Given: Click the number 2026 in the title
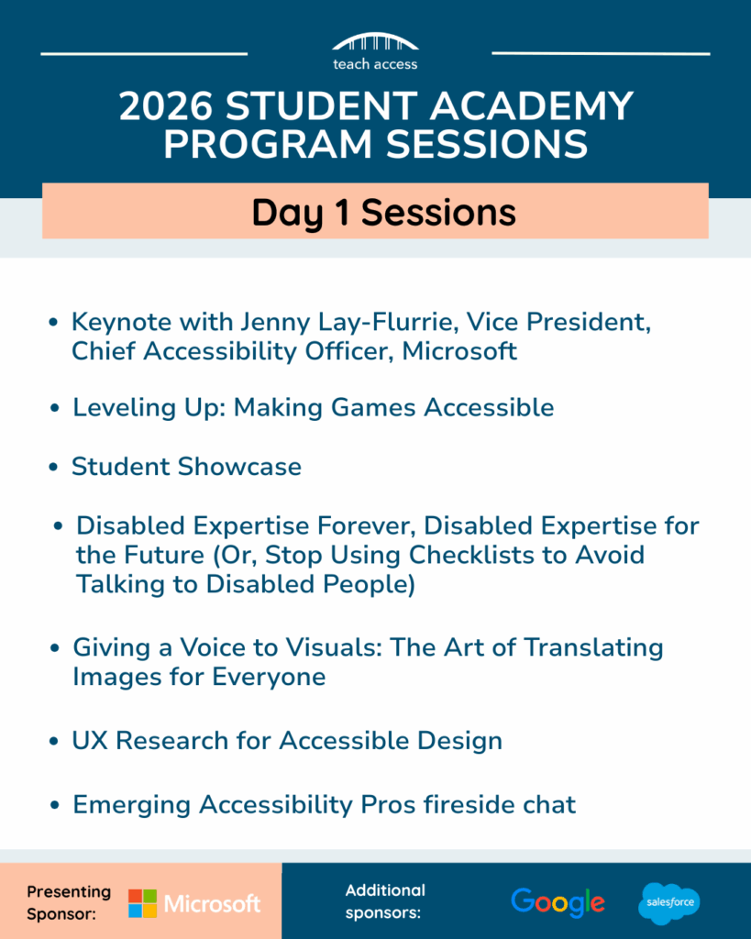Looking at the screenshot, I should coord(170,107).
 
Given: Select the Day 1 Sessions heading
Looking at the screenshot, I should coord(383,212).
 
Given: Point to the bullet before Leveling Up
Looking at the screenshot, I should coord(55,408).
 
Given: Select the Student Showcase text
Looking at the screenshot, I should coord(186,466).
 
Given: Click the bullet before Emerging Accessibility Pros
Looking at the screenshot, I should coord(55,805).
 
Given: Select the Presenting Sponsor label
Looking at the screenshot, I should coord(69,901).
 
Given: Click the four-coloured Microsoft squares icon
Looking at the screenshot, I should coord(142,903).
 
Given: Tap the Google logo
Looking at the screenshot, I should coord(558,901).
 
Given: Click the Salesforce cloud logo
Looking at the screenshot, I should coord(669,903).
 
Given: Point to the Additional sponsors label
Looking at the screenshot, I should coord(385,901).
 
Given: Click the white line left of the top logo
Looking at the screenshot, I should coord(144,54).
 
